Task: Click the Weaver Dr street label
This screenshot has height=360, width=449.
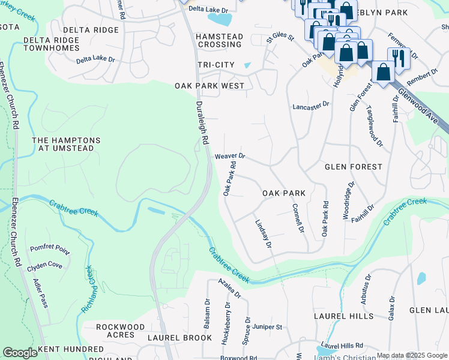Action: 230,156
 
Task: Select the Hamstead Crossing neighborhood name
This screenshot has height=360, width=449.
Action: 219,40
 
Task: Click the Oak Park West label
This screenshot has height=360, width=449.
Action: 209,86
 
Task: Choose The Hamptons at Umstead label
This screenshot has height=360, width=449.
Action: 66,144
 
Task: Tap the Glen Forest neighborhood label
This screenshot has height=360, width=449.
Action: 354,166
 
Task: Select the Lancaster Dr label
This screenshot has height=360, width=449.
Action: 311,104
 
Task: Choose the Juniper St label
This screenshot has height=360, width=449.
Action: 267,327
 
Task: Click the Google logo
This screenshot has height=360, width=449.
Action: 20,353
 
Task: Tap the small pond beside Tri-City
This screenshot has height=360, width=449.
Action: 248,65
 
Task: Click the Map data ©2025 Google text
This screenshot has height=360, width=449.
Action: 412,355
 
